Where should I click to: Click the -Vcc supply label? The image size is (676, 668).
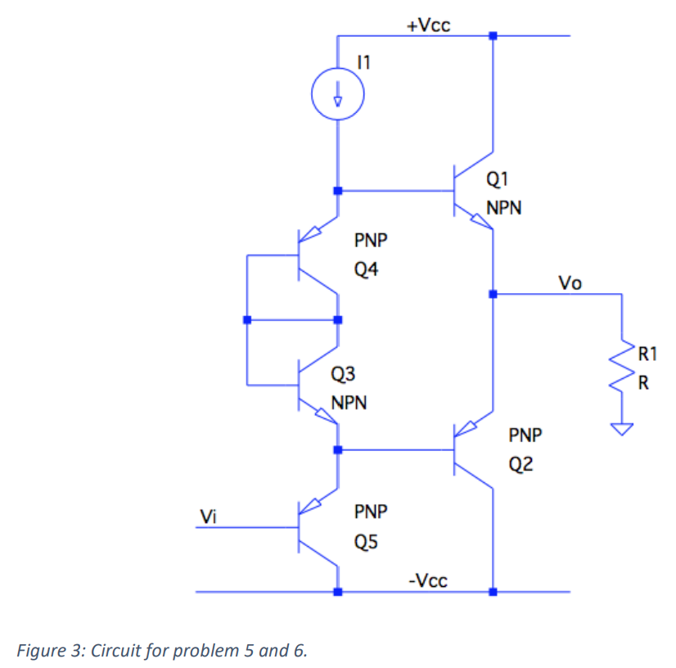coord(427,580)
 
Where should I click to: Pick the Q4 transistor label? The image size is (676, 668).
coord(366,270)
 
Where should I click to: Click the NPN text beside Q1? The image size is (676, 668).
coord(503,208)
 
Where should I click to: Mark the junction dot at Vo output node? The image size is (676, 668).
coord(493,294)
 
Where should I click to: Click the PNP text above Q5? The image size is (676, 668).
coord(370,512)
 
